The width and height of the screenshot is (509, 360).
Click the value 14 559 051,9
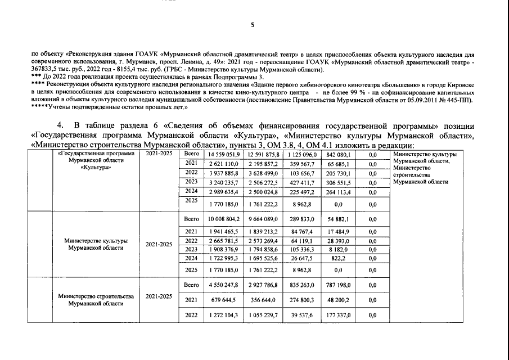(x=223, y=155)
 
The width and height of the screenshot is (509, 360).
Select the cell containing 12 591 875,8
(x=263, y=155)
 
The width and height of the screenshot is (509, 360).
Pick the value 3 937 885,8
(x=223, y=172)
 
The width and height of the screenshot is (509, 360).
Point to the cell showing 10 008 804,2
(x=223, y=218)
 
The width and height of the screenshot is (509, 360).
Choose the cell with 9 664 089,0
(x=263, y=218)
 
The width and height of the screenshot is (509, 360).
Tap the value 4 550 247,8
(x=223, y=286)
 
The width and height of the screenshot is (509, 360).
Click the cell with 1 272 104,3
(x=223, y=316)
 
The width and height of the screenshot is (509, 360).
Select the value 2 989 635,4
(x=223, y=191)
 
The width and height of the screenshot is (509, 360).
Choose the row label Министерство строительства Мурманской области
(x=95, y=300)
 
